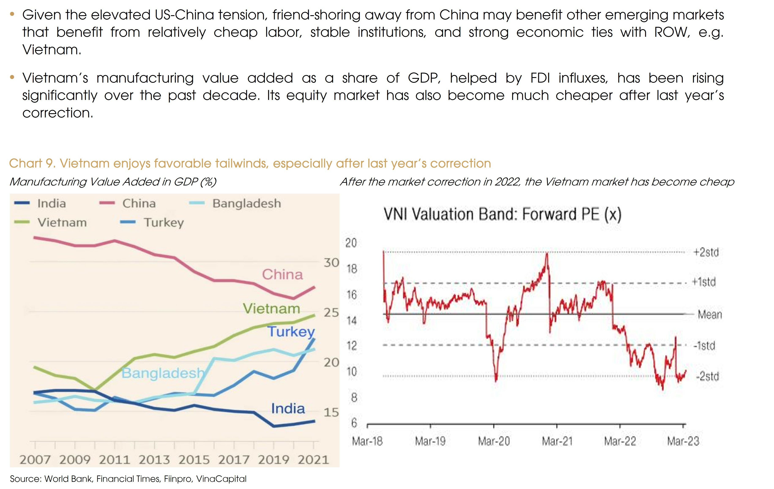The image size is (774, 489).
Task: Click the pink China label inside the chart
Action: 282,274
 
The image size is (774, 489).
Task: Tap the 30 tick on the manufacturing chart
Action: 331,263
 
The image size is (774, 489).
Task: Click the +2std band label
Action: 706,252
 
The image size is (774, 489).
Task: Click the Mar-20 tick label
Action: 494,441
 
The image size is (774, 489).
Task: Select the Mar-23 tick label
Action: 683,441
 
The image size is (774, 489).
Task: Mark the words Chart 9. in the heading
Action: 32,163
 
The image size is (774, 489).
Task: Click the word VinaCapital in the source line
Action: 221,479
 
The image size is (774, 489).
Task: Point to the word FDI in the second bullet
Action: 540,78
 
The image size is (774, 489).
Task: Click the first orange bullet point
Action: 12,14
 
